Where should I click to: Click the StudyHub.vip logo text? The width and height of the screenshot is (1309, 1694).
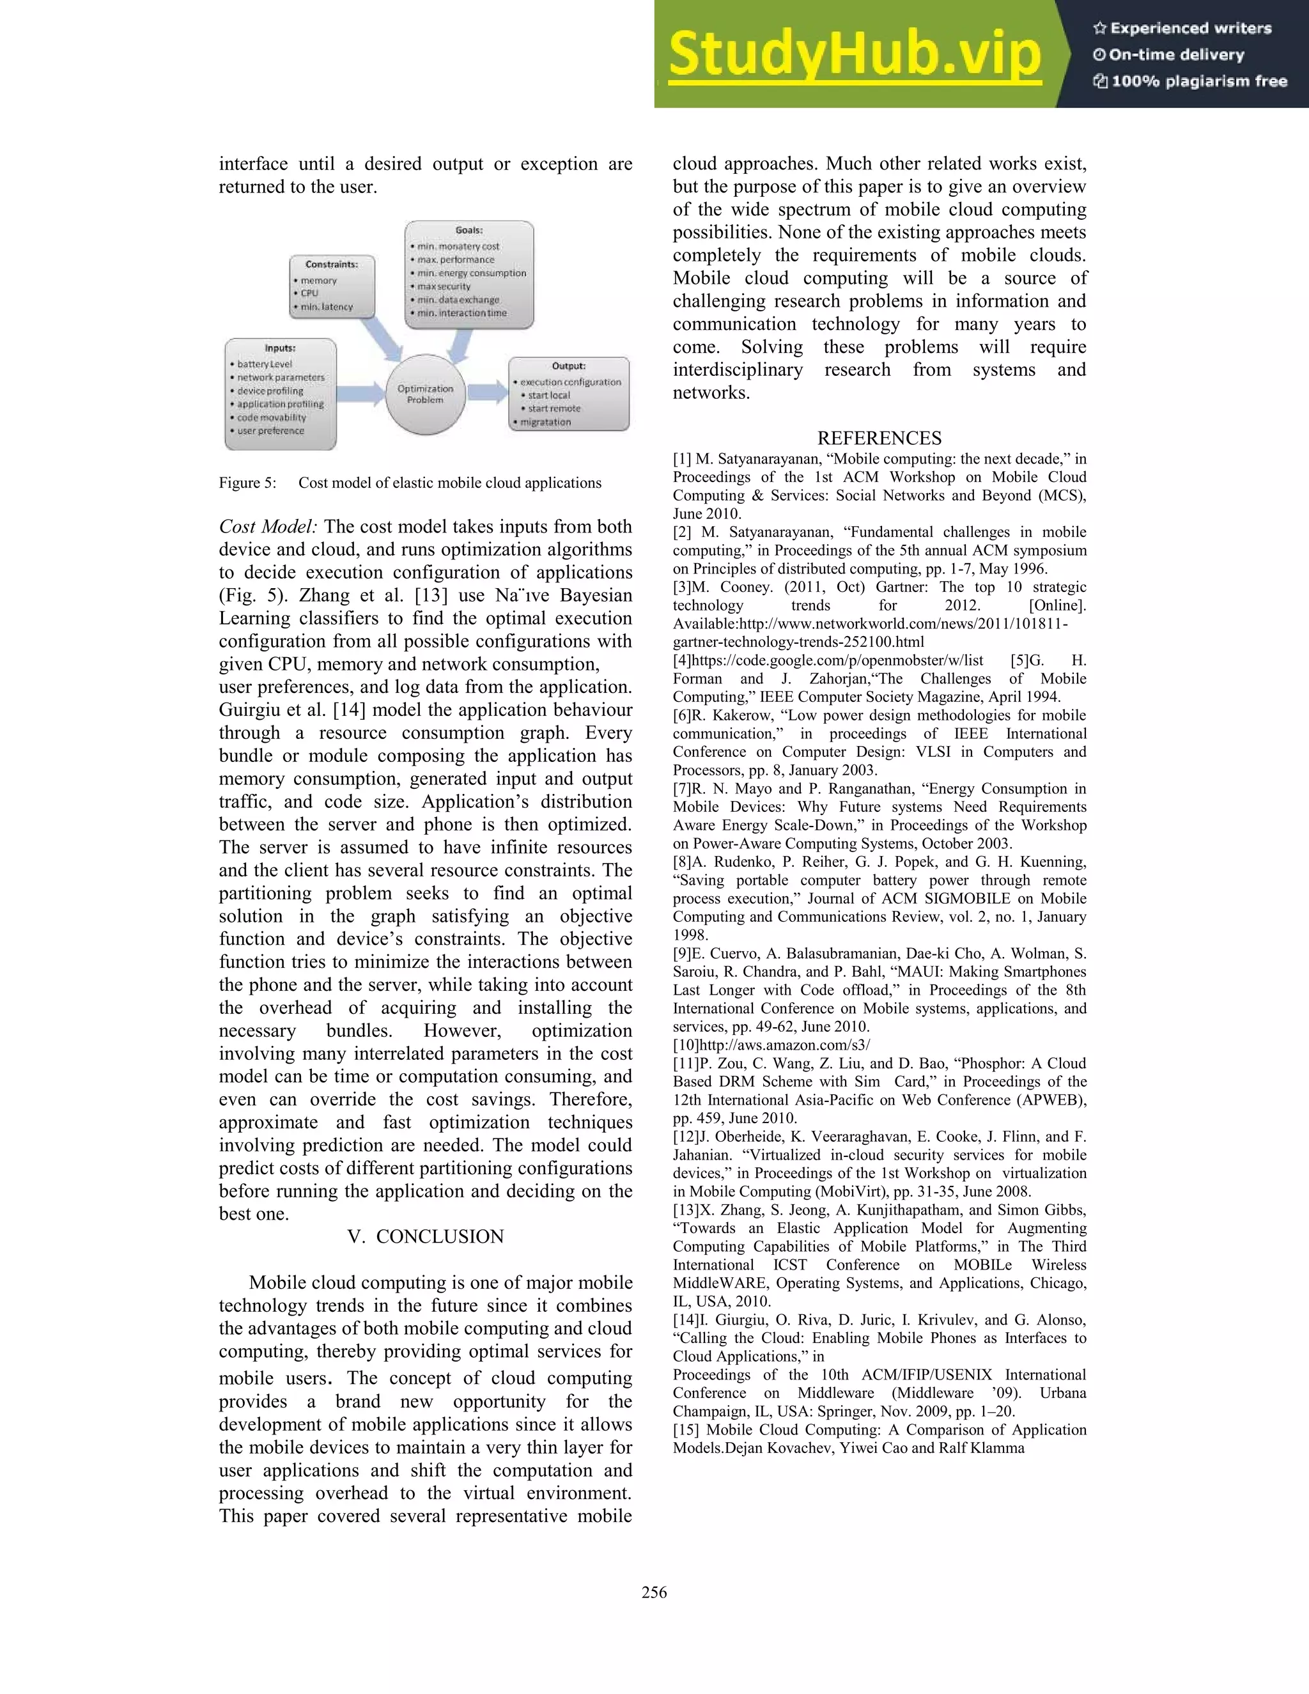tap(854, 54)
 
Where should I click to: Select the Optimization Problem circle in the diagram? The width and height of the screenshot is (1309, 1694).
tap(425, 394)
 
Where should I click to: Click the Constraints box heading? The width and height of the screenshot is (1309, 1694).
tap(331, 265)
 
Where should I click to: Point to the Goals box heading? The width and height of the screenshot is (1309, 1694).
tap(469, 230)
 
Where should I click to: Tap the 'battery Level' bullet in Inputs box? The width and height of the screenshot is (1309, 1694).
tap(265, 364)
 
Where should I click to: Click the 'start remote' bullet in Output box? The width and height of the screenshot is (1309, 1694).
tap(554, 408)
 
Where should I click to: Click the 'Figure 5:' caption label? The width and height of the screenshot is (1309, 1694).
tap(247, 483)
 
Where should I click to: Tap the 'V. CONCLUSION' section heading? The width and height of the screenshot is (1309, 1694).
tap(425, 1236)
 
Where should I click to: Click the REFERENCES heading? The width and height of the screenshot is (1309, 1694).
tap(879, 439)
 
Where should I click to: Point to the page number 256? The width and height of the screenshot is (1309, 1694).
tap(654, 1592)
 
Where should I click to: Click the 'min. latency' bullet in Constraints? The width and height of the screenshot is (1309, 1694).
tap(327, 307)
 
